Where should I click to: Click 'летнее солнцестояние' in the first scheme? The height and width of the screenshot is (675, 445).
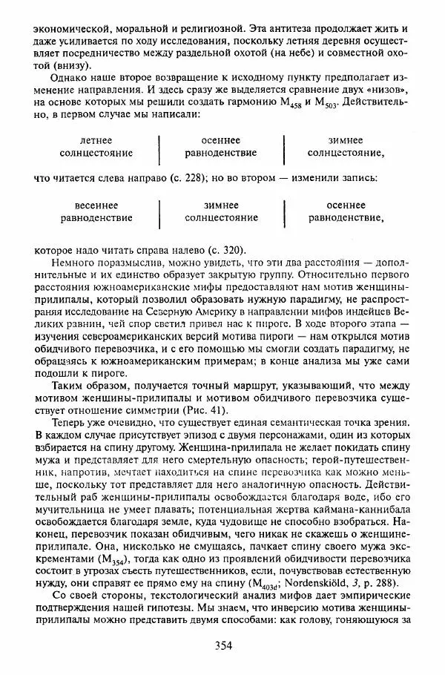pyautogui.click(x=96, y=147)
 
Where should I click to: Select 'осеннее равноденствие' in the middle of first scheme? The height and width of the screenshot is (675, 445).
pyautogui.click(x=221, y=147)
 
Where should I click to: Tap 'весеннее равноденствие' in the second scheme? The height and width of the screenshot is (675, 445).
pyautogui.click(x=96, y=211)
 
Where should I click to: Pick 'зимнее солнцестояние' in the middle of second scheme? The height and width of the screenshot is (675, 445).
pyautogui.click(x=221, y=211)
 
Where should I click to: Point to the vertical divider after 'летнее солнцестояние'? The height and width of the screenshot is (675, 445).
pyautogui.click(x=159, y=147)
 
